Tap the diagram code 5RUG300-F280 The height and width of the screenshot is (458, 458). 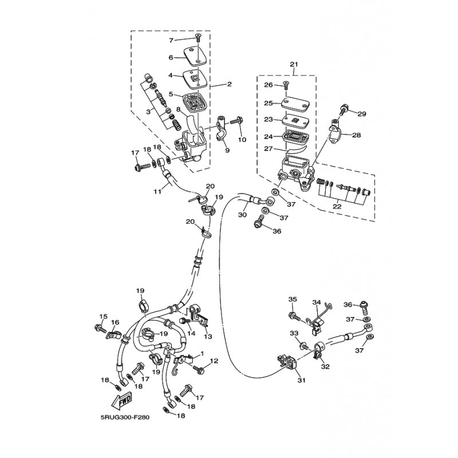point(125,417)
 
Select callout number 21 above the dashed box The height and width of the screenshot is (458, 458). point(294,64)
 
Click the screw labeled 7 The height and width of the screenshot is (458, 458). point(198,37)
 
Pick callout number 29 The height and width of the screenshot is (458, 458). point(362,114)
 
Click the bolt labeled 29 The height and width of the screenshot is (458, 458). point(343,109)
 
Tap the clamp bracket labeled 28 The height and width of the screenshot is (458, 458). point(334,133)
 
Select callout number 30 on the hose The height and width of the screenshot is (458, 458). point(242,215)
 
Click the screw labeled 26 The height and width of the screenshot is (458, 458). point(286,86)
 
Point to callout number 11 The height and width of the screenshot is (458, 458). point(157,192)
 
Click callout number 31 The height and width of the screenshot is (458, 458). point(302,380)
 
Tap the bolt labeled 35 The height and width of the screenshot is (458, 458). point(294,316)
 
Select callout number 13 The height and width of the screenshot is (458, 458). point(208,337)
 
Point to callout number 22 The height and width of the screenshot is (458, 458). point(337,206)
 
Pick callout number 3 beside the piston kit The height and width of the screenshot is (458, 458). point(148,112)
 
